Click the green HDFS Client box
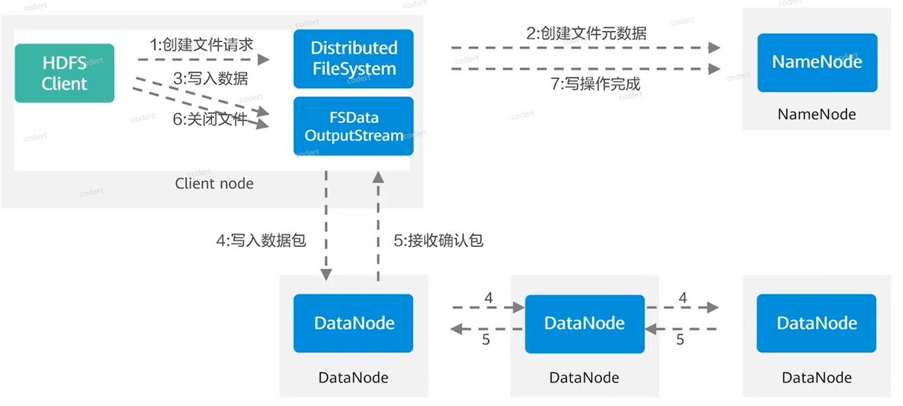click(x=65, y=73)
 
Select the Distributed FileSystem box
click(x=353, y=59)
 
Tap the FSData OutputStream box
click(x=353, y=126)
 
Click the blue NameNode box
click(x=817, y=62)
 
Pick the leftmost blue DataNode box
click(x=353, y=323)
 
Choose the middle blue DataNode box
click(x=584, y=323)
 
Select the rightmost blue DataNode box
click(x=816, y=323)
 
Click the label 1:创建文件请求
click(x=201, y=45)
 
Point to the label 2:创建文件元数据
click(x=586, y=34)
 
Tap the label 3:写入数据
click(x=211, y=79)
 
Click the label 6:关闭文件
click(x=209, y=119)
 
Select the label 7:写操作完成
click(x=595, y=84)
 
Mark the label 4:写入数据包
click(x=261, y=240)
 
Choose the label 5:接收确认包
click(x=438, y=240)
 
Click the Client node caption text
click(x=214, y=183)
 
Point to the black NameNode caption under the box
click(x=817, y=115)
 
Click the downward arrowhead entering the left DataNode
click(x=326, y=275)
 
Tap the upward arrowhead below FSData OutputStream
click(x=378, y=177)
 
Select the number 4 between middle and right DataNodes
click(x=683, y=297)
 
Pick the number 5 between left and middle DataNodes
click(x=486, y=339)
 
